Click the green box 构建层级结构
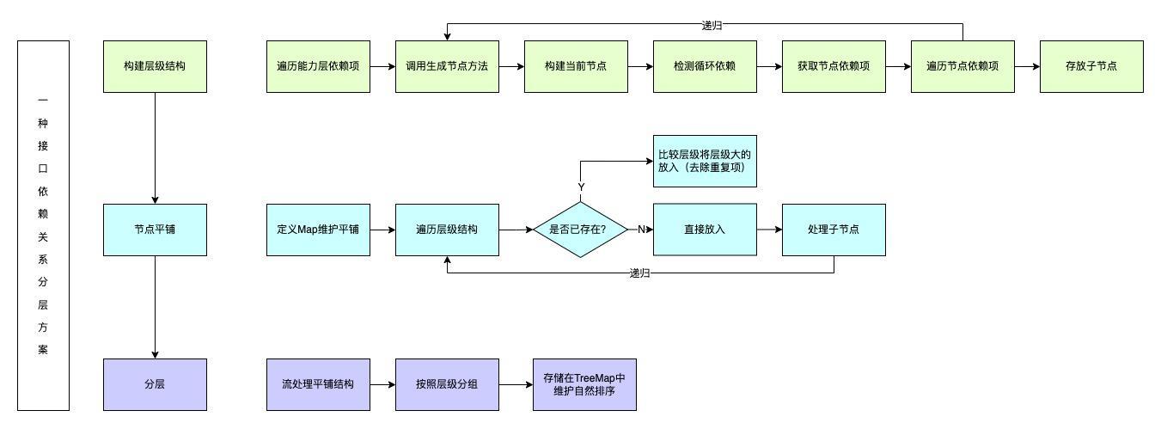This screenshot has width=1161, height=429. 155,66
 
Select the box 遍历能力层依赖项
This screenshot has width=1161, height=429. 318,66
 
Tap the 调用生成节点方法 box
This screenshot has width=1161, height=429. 447,66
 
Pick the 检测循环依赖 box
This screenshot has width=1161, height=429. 705,66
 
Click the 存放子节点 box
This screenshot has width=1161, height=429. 1091,66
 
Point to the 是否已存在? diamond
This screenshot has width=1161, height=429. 580,230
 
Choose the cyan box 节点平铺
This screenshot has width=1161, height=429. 155,230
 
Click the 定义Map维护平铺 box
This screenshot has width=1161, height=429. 318,230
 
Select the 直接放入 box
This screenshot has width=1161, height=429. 705,230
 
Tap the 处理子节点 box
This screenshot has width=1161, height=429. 834,230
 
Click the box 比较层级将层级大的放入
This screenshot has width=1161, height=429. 705,161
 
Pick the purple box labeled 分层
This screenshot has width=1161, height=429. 155,384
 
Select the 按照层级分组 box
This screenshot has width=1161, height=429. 447,384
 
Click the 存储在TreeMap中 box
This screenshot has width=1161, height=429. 584,384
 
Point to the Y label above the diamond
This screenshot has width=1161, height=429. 581,187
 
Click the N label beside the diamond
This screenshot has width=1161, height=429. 641,230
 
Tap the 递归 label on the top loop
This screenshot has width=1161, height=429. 712,26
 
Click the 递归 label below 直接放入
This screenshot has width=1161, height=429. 639,273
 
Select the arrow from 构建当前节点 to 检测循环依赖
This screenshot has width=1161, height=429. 640,66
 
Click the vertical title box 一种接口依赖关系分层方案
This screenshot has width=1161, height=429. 43,225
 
